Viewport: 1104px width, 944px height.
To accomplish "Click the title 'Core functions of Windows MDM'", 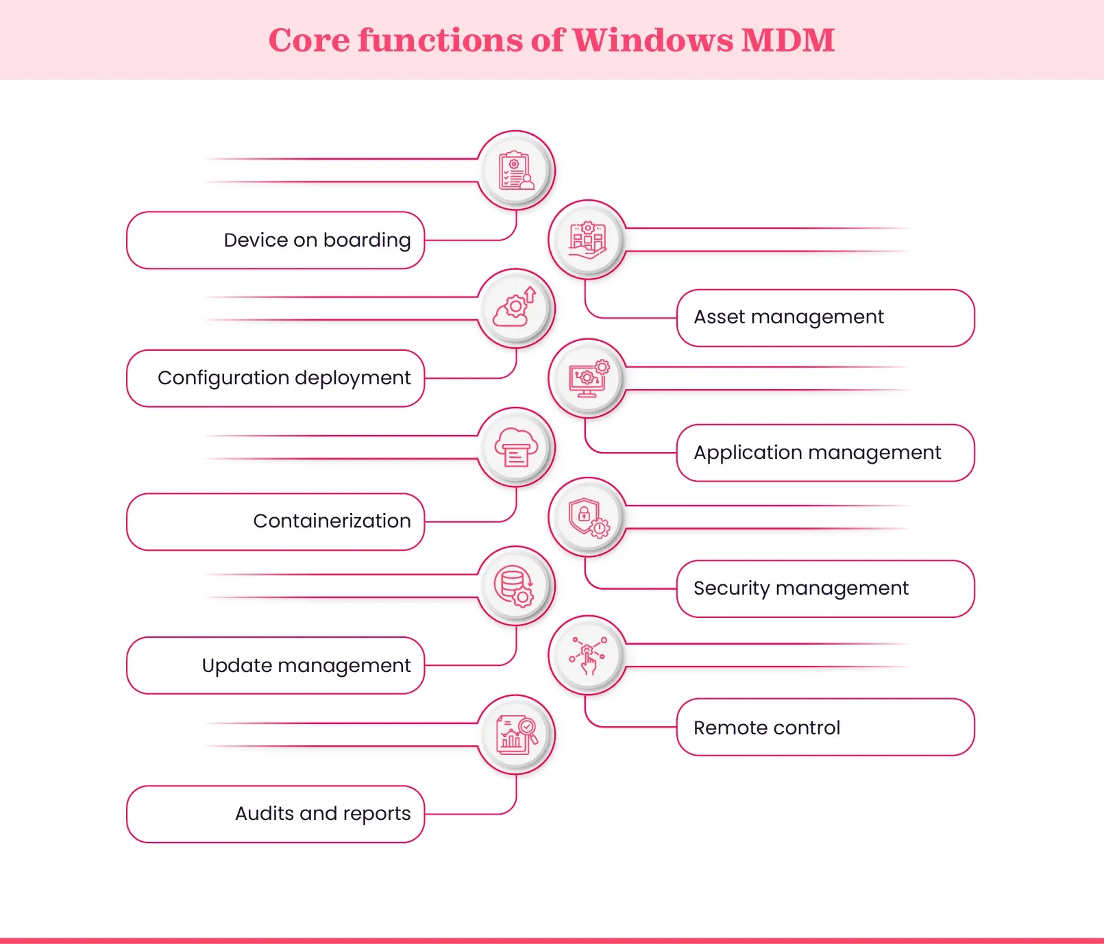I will pos(552,40).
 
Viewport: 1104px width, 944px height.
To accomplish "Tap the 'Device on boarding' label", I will pos(317,240).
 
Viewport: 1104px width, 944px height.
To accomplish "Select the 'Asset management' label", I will pos(789,317).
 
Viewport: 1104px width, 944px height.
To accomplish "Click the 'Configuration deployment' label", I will pos(284,378).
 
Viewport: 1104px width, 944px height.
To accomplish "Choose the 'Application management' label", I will pos(817,453).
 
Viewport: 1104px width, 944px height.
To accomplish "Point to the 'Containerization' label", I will pos(332,521).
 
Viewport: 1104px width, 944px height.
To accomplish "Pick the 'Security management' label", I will pos(800,588).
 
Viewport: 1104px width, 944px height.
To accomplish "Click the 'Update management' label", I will pos(306,666).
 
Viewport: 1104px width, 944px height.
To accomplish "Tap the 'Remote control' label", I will pos(766,728).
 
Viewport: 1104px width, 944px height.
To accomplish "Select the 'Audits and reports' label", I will pos(323,814).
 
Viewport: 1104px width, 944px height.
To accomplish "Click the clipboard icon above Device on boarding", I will pos(516,170).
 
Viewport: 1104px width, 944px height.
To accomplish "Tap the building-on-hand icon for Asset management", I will pos(587,239).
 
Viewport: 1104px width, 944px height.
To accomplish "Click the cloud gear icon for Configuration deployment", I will pos(516,308).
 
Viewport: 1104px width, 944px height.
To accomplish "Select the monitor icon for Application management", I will pos(587,378).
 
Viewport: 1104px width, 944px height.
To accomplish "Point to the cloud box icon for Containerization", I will pos(516,447).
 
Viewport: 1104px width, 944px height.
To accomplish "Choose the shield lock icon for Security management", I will pos(587,517).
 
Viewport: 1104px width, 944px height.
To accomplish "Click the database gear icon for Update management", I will pos(516,586).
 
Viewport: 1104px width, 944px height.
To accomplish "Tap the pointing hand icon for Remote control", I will pos(587,655).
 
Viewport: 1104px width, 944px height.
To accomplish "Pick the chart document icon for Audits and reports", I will pos(516,734).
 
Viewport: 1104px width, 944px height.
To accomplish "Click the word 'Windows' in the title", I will pos(652,40).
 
